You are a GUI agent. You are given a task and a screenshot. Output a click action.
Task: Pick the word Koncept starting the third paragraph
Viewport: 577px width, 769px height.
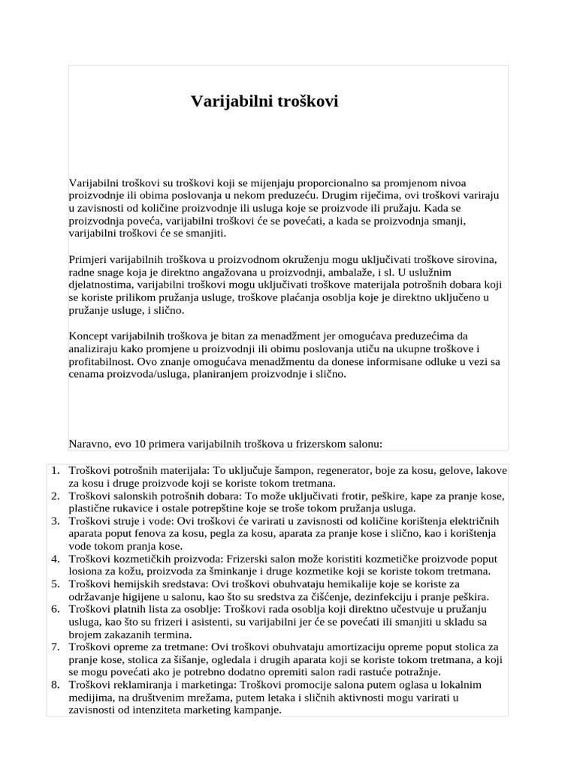click(89, 336)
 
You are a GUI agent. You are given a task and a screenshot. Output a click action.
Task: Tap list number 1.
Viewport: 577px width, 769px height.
click(56, 470)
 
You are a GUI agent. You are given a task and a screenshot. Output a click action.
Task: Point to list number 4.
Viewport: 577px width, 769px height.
click(56, 559)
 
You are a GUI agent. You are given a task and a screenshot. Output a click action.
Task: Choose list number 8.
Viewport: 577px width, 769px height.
click(56, 685)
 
